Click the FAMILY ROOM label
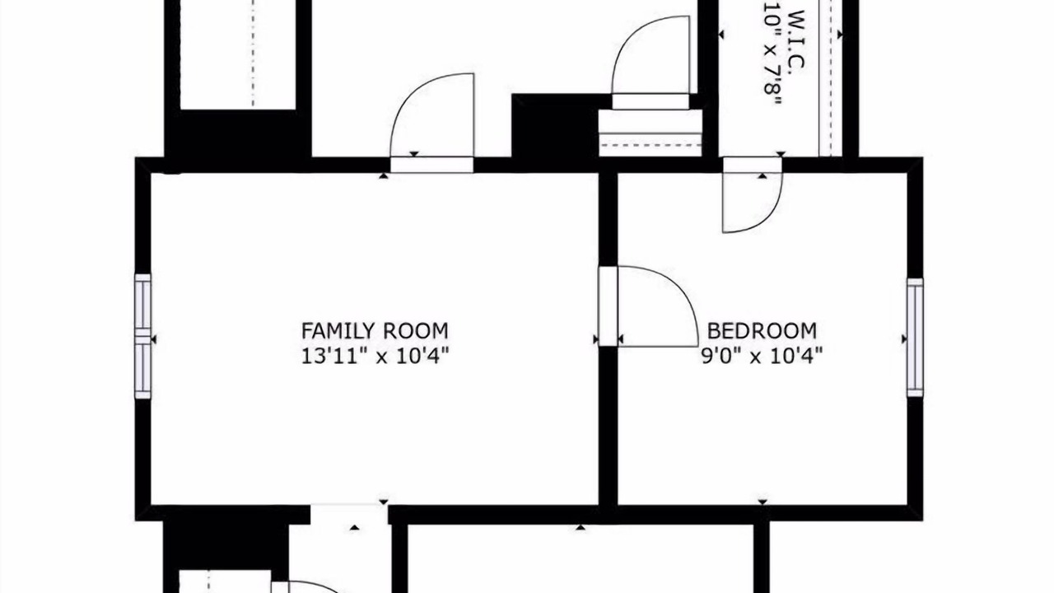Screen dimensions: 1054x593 coord(375,331)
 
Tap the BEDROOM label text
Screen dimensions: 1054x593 coord(762,331)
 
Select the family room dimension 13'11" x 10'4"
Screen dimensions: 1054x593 coord(375,356)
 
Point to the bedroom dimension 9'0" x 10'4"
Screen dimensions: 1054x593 coord(762,356)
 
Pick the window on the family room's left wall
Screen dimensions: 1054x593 coord(143,337)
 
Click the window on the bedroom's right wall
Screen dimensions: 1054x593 coord(915,338)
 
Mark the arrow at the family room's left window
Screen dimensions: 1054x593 coord(153,339)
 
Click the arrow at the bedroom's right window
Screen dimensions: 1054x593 coord(904,339)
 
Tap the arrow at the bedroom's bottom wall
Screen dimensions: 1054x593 coord(763,502)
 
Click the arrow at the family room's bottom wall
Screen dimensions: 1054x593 coord(384,502)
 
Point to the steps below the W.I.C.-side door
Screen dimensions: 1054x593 coord(651,133)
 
